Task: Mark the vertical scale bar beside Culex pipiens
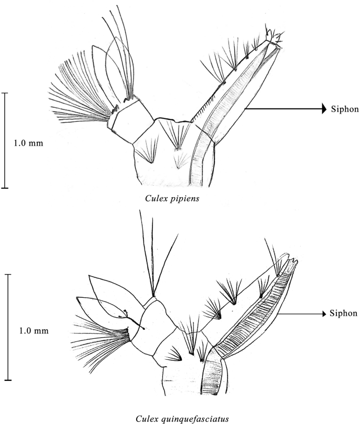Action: (x=5, y=140)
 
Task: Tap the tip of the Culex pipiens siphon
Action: (x=273, y=38)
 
